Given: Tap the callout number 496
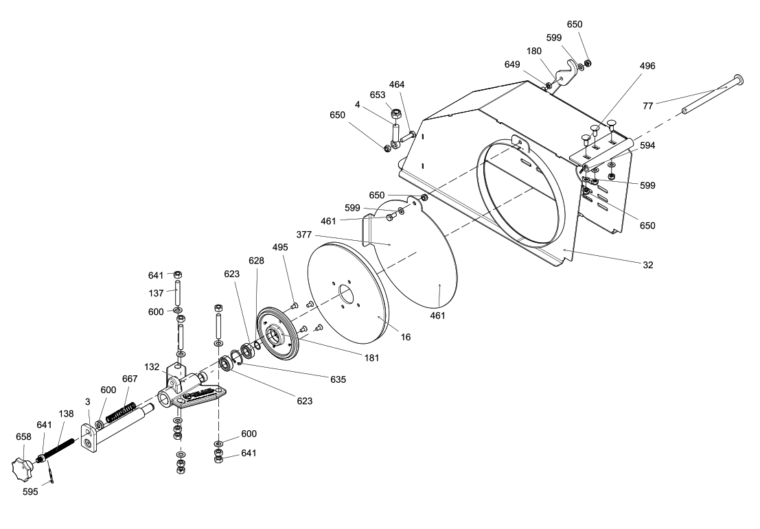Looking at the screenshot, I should click(647, 67).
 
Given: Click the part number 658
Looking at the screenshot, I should click(23, 436).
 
